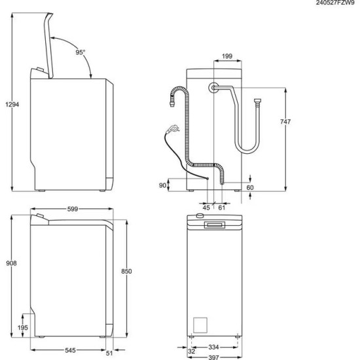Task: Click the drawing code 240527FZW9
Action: coord(332,3)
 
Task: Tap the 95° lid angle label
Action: coord(80,52)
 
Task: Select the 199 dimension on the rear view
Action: coord(228,57)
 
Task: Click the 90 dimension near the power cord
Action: coord(162,185)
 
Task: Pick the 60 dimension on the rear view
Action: coord(250,187)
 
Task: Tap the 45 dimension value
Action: coord(206,207)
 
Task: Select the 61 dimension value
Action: coord(222,207)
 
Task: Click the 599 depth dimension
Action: coord(73,209)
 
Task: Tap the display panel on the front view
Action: coord(215,225)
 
